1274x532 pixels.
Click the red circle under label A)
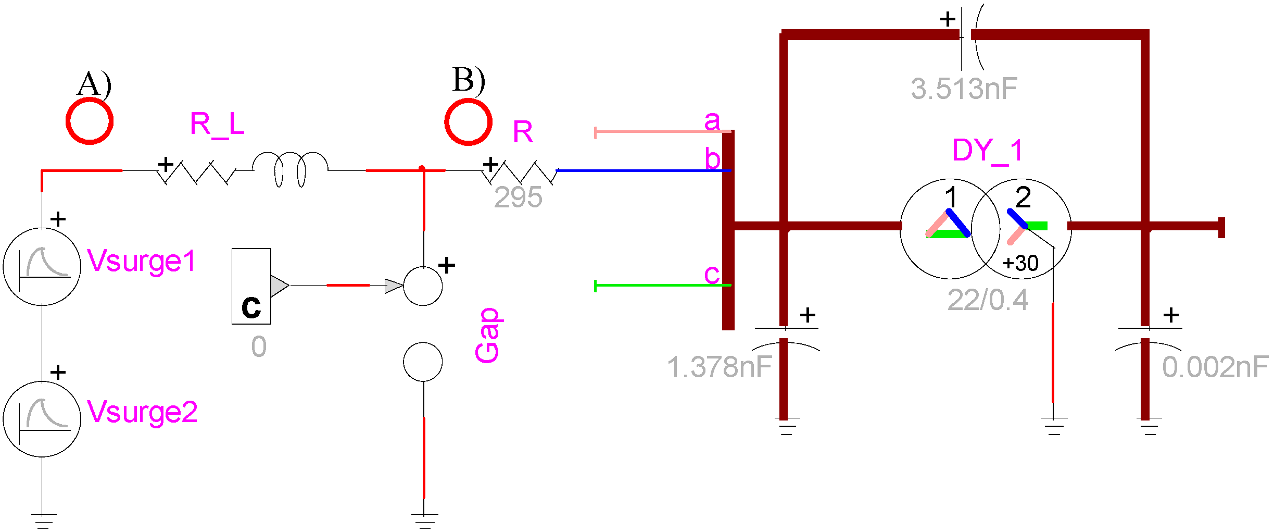pyautogui.click(x=90, y=121)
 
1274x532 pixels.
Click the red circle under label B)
pyautogui.click(x=468, y=122)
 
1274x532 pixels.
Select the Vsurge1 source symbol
pyautogui.click(x=42, y=266)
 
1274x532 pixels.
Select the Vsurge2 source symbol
pyautogui.click(x=42, y=419)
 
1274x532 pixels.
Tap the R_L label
pyautogui.click(x=217, y=125)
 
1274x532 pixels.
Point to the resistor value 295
pyautogui.click(x=518, y=197)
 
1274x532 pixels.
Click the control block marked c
pyautogui.click(x=251, y=286)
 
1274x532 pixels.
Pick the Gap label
pyautogui.click(x=488, y=335)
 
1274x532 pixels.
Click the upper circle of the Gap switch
pyautogui.click(x=423, y=286)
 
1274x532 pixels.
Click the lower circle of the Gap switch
pyautogui.click(x=423, y=362)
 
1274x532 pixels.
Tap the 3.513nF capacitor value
pyautogui.click(x=964, y=89)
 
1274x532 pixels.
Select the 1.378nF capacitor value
pyautogui.click(x=719, y=367)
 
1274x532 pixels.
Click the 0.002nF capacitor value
pyautogui.click(x=1215, y=367)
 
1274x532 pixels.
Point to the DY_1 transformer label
pyautogui.click(x=987, y=151)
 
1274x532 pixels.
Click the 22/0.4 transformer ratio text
pyautogui.click(x=988, y=300)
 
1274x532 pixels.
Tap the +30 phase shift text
pyautogui.click(x=1020, y=263)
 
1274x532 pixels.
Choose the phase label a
pyautogui.click(x=712, y=121)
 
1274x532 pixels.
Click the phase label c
pyautogui.click(x=712, y=274)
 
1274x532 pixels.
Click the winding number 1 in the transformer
pyautogui.click(x=951, y=197)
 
